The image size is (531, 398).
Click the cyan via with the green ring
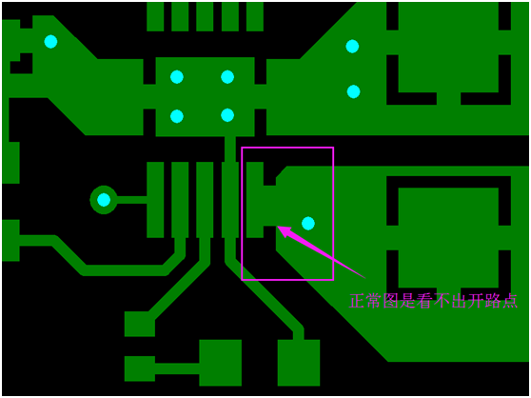tap(104, 200)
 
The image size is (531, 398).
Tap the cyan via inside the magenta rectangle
tap(308, 223)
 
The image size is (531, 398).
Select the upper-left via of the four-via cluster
tap(177, 77)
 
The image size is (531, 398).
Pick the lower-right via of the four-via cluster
tap(227, 115)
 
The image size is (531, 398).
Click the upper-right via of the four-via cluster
tap(227, 77)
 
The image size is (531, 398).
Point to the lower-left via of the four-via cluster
tap(177, 116)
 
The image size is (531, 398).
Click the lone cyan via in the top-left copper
tap(50, 42)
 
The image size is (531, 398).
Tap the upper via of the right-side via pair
tap(352, 47)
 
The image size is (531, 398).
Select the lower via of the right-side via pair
tap(354, 91)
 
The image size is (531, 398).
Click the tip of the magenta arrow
tap(278, 227)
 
